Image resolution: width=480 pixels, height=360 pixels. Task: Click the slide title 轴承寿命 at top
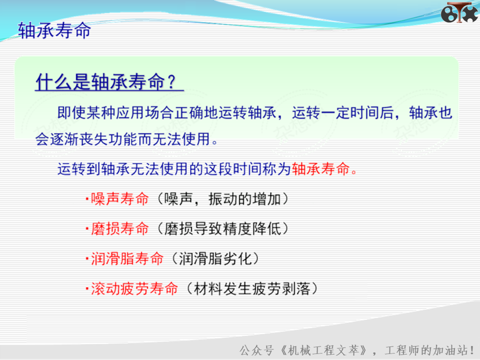(x=54, y=30)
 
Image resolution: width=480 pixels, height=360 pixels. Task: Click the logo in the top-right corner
(x=459, y=12)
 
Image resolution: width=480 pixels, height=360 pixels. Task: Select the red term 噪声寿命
(x=119, y=199)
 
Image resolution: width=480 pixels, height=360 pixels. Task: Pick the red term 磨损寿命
(x=119, y=228)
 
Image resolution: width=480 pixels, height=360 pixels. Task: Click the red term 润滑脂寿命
(x=127, y=258)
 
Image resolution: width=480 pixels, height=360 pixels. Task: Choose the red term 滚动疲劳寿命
(x=134, y=288)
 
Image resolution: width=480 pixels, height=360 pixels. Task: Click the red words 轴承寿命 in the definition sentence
(x=320, y=168)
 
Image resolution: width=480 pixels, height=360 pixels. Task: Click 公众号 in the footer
(x=256, y=350)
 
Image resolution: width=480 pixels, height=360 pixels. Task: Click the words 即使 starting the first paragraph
(x=72, y=112)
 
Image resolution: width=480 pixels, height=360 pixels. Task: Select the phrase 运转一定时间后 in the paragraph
(x=343, y=112)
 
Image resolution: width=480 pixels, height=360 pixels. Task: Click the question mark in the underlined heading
(x=171, y=81)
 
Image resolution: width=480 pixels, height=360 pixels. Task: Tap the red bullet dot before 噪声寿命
(x=87, y=199)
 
